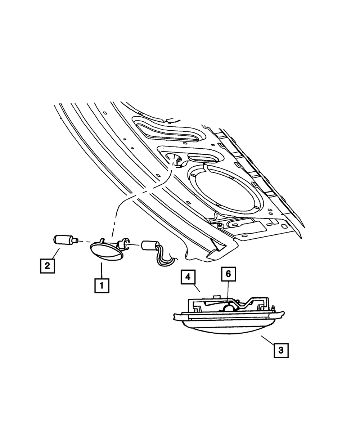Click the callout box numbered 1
pyautogui.click(x=102, y=285)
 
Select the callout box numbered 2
pyautogui.click(x=47, y=266)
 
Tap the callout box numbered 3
pyautogui.click(x=281, y=350)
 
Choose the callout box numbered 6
pyautogui.click(x=228, y=275)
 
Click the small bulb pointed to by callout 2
pyautogui.click(x=63, y=239)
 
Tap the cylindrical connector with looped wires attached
pyautogui.click(x=148, y=246)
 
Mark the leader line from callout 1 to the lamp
pyautogui.click(x=102, y=270)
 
